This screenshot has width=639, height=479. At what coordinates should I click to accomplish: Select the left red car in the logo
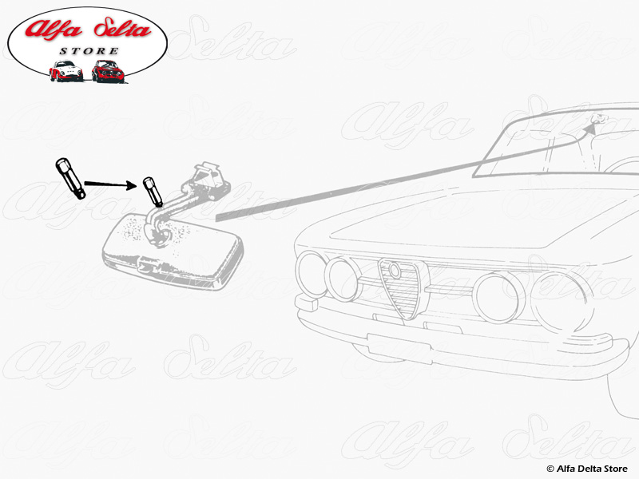click(65, 71)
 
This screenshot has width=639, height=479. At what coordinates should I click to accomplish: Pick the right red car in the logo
click(109, 71)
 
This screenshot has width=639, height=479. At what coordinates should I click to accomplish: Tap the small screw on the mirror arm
click(152, 192)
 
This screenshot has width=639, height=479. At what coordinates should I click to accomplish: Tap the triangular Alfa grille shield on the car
click(397, 287)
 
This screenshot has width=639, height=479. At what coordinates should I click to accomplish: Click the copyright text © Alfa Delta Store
click(587, 468)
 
